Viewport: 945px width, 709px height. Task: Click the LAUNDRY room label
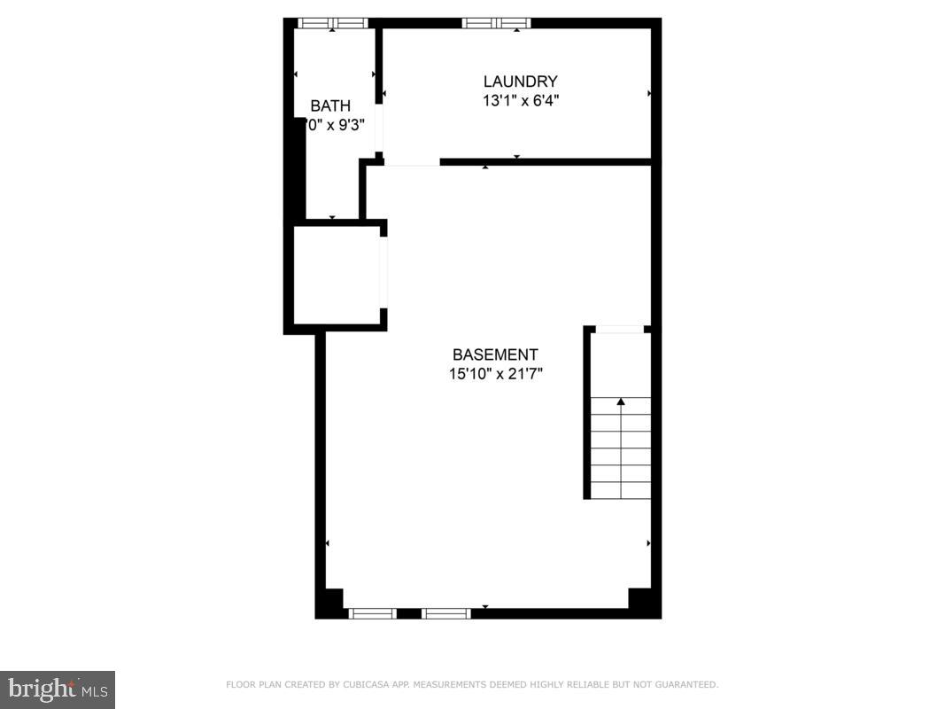(520, 82)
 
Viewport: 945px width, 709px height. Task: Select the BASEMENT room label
(495, 354)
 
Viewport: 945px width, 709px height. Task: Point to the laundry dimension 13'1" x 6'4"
(520, 101)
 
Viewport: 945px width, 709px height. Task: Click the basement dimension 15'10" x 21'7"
(495, 374)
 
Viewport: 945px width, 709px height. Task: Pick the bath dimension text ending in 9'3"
(336, 126)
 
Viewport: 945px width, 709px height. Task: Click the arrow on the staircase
(621, 402)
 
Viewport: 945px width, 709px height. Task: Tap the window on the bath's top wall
(332, 23)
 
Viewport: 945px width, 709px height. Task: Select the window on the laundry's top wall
(496, 23)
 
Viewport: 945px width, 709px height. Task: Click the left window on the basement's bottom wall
(372, 612)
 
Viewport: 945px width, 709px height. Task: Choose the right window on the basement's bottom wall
(445, 612)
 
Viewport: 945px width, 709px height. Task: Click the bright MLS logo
(58, 688)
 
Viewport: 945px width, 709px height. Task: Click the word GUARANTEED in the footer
(686, 684)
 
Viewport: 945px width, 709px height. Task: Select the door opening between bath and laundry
(379, 130)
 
